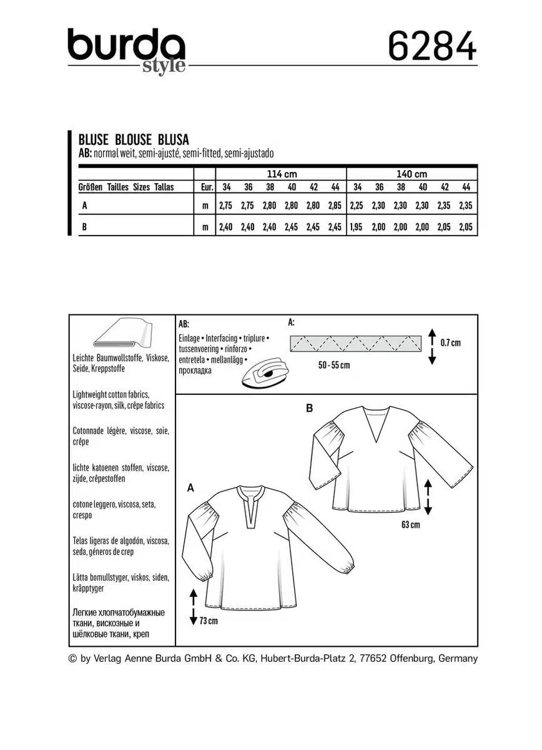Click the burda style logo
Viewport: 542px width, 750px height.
pyautogui.click(x=126, y=51)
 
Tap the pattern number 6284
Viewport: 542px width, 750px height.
pyautogui.click(x=432, y=47)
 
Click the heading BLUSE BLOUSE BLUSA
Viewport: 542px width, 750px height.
pyautogui.click(x=133, y=139)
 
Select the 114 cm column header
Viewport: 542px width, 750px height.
pyautogui.click(x=281, y=174)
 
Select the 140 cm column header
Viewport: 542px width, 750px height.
pyautogui.click(x=411, y=174)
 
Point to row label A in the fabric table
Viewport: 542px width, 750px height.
pyautogui.click(x=84, y=205)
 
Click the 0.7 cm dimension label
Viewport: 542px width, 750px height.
pyautogui.click(x=450, y=342)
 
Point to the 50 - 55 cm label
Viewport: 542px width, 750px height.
pyautogui.click(x=334, y=365)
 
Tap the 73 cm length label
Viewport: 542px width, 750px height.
pyautogui.click(x=209, y=621)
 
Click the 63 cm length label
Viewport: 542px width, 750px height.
pyautogui.click(x=410, y=525)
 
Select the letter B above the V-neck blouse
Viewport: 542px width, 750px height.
pyautogui.click(x=309, y=409)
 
